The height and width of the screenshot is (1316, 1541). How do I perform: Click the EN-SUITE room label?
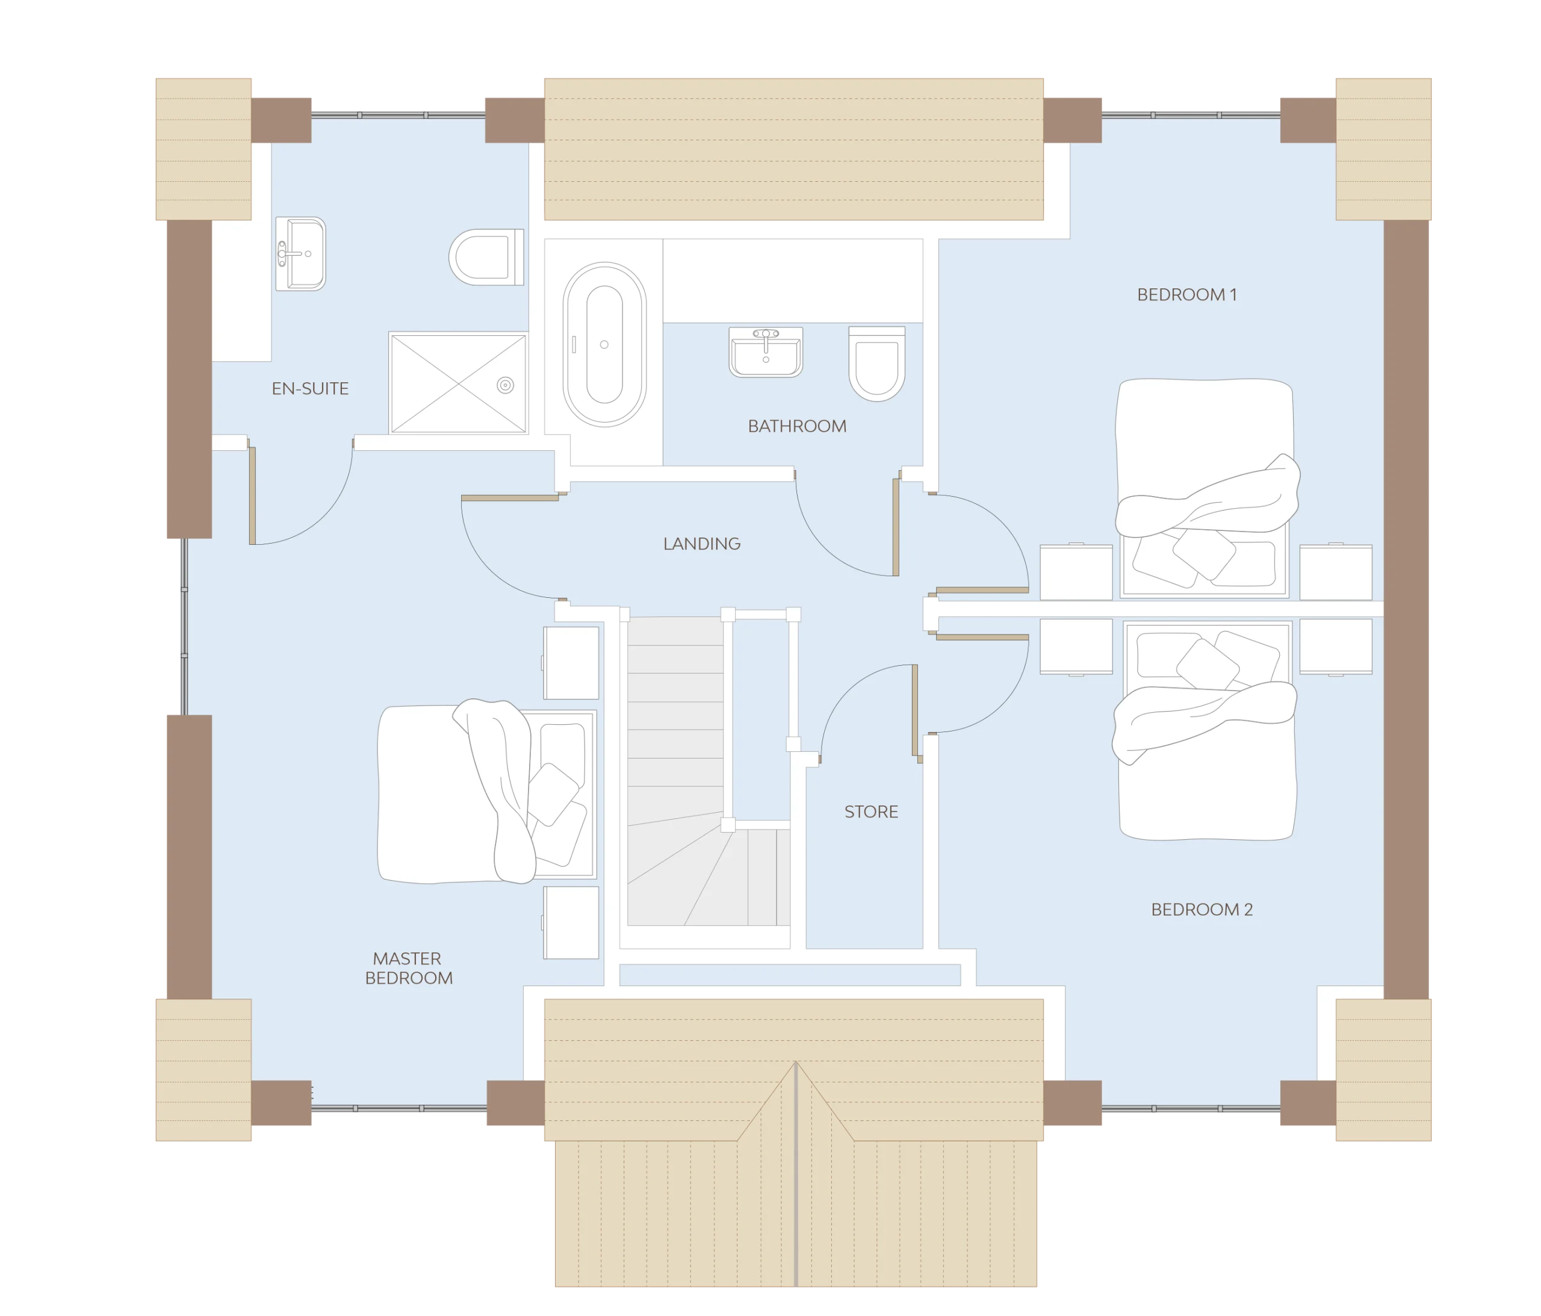coord(310,388)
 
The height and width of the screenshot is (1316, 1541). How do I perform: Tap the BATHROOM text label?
coord(796,426)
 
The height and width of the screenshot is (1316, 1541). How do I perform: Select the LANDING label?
coord(701,544)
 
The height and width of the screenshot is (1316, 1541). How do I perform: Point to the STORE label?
coord(871,812)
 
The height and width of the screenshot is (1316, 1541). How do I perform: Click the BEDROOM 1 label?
coord(1187,294)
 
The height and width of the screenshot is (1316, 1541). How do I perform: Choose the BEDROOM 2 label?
coord(1202,909)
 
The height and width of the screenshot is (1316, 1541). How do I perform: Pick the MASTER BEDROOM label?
coord(408,968)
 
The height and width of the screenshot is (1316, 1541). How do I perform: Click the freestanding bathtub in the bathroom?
coord(604,344)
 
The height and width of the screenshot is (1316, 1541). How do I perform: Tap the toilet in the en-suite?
coord(486,258)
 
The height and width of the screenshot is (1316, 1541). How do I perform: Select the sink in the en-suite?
coord(300,253)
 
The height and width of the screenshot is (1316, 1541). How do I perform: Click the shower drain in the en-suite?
coord(506,385)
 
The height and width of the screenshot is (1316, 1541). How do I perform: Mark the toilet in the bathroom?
coord(877,364)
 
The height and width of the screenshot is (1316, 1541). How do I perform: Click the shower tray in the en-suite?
coord(459,383)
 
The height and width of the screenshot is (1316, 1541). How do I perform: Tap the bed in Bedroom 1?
coord(1206,489)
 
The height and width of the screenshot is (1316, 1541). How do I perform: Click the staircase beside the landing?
coord(707,771)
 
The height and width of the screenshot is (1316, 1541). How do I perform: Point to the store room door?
coord(915,712)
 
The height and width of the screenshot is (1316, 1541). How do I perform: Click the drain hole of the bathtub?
coord(604,344)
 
